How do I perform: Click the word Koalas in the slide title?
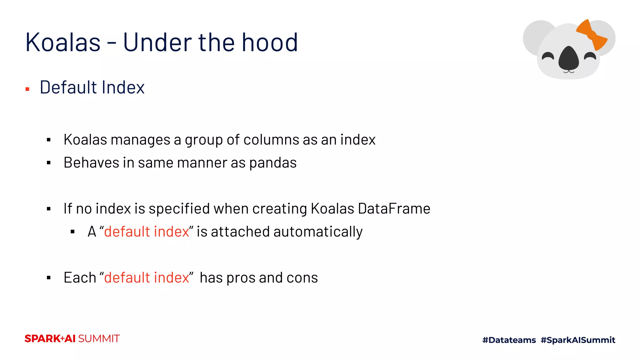click(x=63, y=42)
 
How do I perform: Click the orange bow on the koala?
click(x=592, y=35)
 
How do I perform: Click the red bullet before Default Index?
click(x=27, y=89)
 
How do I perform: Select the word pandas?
click(x=273, y=163)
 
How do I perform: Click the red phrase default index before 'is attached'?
click(x=147, y=232)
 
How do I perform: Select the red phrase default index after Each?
click(x=147, y=278)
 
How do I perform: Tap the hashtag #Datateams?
click(x=509, y=340)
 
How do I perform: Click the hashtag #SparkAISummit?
click(x=578, y=340)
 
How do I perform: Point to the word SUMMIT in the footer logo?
click(x=99, y=339)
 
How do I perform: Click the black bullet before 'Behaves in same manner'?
click(x=48, y=163)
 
